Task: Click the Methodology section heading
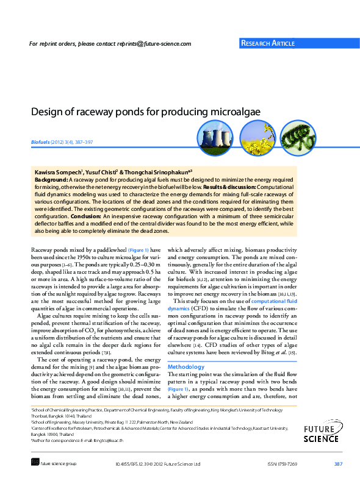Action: [x=186, y=367]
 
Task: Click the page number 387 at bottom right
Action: [x=338, y=464]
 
